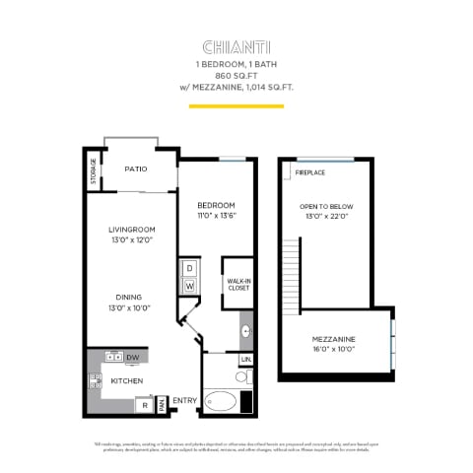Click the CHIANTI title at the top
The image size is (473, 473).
coord(236,46)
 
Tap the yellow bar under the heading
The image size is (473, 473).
coord(236,104)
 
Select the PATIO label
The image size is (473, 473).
coord(136,169)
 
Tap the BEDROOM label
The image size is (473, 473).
coord(216,204)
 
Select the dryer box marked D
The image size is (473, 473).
coord(189,268)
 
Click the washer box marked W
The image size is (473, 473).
coord(189,287)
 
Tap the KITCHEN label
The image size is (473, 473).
coord(126,380)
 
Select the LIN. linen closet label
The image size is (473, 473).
coord(245,361)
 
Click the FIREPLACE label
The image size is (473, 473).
coord(310,172)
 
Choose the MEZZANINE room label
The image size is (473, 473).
coord(334,339)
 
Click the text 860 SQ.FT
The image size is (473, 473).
coord(236,74)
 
